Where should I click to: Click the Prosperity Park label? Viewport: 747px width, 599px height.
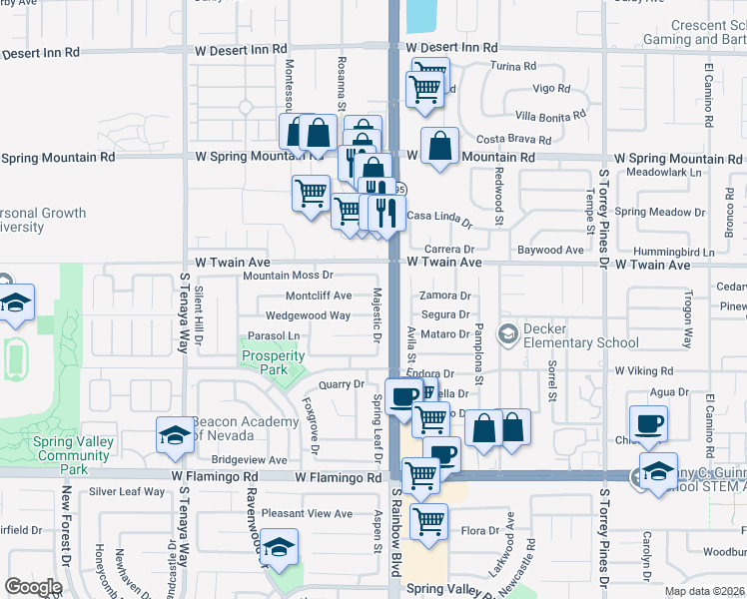pos(273,362)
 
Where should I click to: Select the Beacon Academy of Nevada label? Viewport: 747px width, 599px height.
pos(245,428)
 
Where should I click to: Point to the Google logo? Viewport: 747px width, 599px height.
pos(33,587)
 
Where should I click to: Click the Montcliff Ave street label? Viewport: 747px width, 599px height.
pos(319,296)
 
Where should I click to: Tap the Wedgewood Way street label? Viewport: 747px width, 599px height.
pos(308,315)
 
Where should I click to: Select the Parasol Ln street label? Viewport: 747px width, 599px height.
pos(274,335)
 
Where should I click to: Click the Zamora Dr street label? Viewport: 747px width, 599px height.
pos(444,296)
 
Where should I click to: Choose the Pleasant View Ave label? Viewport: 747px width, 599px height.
pos(307,514)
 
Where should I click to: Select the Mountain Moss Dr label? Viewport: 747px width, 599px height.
pos(288,275)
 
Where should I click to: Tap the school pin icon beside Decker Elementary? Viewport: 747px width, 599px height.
pos(508,331)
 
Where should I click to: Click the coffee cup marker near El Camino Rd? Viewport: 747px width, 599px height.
pos(648,422)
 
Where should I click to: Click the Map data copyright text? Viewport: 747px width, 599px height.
pos(704,589)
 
